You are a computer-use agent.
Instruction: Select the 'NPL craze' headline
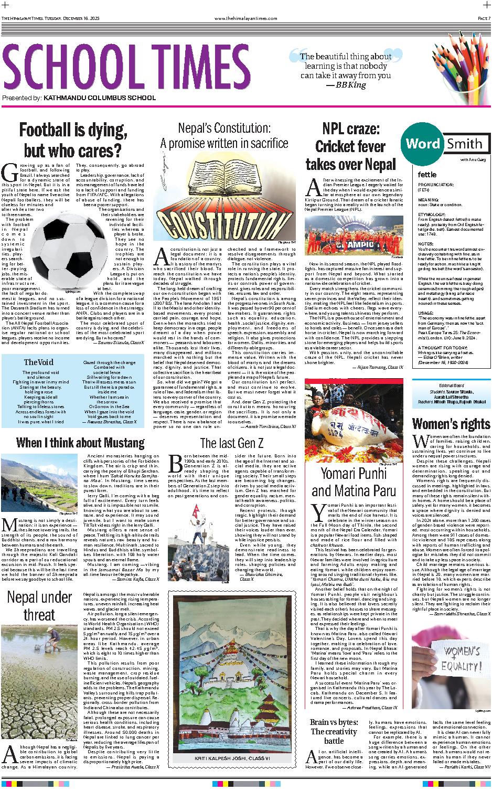[350, 146]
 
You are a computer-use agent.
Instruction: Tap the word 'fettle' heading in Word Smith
[427, 174]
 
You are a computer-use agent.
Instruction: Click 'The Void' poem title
[38, 362]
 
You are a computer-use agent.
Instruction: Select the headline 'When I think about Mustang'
[80, 442]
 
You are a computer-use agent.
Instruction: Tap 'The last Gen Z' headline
[231, 443]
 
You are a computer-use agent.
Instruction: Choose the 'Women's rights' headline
[451, 423]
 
